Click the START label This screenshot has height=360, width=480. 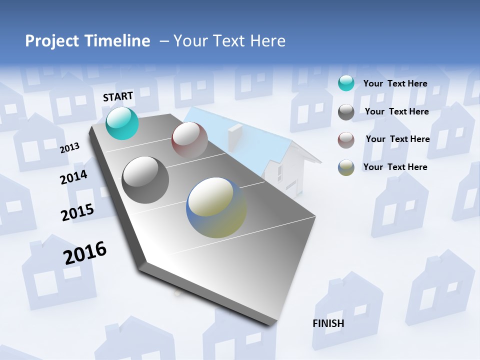click(x=118, y=96)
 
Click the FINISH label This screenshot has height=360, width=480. click(x=328, y=323)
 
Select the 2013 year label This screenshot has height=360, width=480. click(x=69, y=147)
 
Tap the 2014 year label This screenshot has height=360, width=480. click(x=73, y=177)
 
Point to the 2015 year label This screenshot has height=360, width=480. click(x=77, y=212)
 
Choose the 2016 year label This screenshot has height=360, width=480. click(x=85, y=253)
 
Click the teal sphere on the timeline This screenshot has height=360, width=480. click(x=122, y=123)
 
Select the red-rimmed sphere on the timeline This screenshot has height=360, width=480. click(x=189, y=140)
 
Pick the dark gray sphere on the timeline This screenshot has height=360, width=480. click(x=145, y=180)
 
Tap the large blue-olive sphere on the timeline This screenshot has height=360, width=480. click(x=216, y=207)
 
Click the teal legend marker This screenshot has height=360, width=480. click(x=346, y=83)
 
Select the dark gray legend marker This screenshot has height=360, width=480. click(x=346, y=112)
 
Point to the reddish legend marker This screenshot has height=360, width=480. click(x=346, y=140)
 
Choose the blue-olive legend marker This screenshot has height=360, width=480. click(x=346, y=167)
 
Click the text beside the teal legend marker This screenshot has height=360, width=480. click(x=395, y=83)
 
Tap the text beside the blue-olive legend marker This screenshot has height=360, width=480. click(x=395, y=167)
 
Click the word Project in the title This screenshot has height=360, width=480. click(x=51, y=41)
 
